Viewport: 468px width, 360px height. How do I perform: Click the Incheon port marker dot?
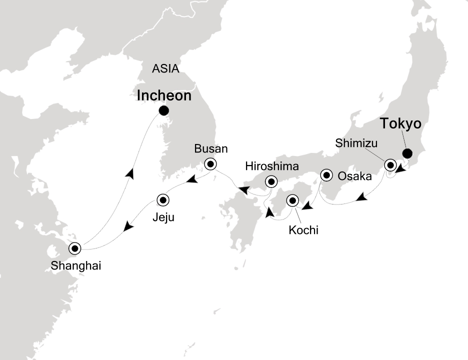163,110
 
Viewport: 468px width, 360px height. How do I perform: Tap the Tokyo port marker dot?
407,153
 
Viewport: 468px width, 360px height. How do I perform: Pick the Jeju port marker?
163,200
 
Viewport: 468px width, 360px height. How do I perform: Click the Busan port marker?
210,163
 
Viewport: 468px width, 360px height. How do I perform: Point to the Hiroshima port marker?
271,181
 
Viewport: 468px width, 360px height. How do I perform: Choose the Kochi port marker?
292,201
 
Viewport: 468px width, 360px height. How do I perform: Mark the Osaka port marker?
326,175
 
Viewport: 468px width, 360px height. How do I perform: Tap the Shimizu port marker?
390,164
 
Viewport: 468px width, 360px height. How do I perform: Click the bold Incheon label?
164,95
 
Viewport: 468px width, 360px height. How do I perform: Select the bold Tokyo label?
401,123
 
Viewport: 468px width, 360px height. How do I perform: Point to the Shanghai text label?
76,266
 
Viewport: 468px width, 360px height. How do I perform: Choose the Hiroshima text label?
272,165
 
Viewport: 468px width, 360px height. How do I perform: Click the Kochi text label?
303,230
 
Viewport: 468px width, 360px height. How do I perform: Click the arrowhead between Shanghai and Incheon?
129,173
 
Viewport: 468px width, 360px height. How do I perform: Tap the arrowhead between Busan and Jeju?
191,178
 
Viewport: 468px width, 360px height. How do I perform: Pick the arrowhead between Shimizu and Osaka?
361,198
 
